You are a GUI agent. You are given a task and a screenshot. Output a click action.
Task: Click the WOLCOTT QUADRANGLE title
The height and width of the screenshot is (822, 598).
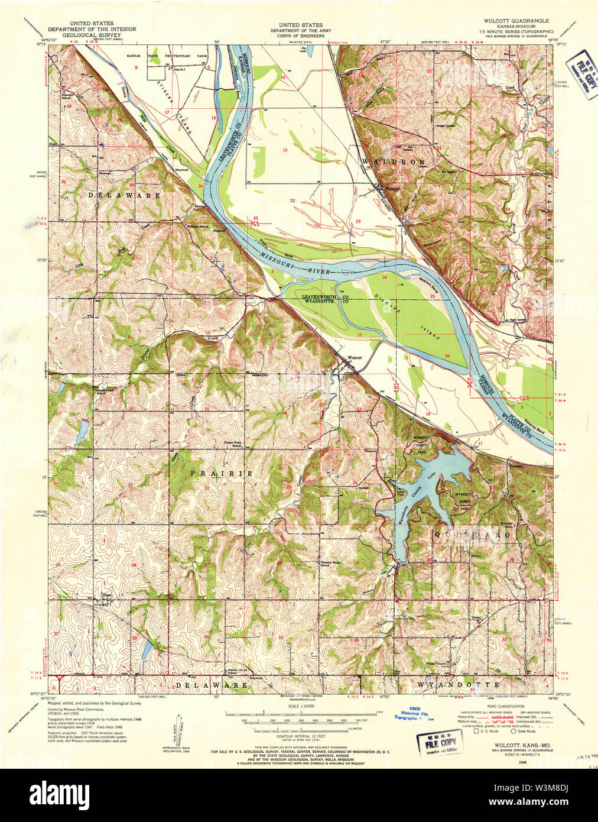[516, 21]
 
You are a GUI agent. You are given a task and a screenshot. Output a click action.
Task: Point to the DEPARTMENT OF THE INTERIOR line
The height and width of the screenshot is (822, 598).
[92, 29]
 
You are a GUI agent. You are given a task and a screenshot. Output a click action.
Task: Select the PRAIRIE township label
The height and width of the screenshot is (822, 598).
[222, 474]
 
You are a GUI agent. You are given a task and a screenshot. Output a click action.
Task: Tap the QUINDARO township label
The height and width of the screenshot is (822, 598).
[473, 535]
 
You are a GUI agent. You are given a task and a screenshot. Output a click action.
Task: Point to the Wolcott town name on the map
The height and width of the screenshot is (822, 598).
[355, 358]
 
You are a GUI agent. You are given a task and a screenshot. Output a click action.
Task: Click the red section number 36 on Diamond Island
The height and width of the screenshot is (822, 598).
[447, 355]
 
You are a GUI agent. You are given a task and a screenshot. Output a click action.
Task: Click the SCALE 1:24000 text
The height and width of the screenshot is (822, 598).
[300, 708]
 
